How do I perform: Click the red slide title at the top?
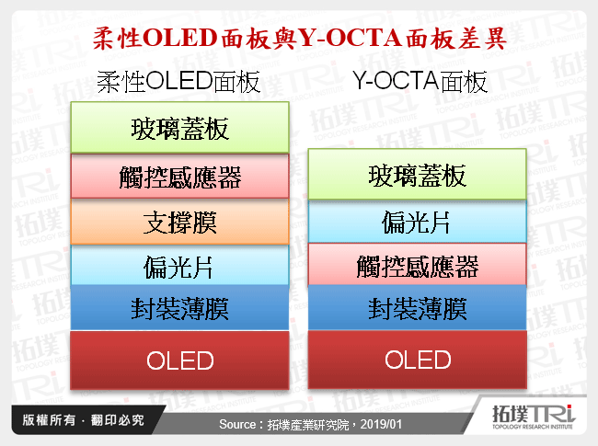[x=299, y=39]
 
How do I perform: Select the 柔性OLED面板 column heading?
[x=178, y=84]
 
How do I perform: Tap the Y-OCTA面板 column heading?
[x=420, y=84]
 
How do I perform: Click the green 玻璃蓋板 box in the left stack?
[x=180, y=128]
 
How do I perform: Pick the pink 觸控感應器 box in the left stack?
[x=180, y=176]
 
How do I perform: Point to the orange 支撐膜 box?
[x=180, y=221]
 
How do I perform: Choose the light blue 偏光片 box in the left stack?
[x=180, y=266]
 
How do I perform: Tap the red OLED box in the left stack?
[x=180, y=360]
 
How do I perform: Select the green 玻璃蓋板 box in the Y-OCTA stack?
[x=417, y=175]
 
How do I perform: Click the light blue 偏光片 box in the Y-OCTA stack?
[x=417, y=221]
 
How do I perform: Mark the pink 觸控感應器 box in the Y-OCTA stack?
[x=417, y=266]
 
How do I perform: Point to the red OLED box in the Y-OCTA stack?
[x=417, y=360]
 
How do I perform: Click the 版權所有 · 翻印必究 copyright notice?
[x=79, y=420]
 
